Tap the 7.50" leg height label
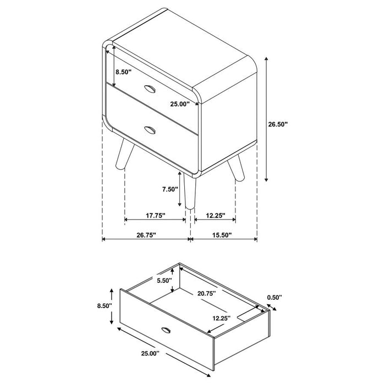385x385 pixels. click(170, 189)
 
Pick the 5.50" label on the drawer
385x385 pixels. click(164, 280)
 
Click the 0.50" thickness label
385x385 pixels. click(274, 298)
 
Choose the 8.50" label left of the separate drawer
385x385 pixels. click(103, 305)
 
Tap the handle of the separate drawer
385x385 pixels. click(166, 329)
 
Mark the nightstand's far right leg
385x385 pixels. click(237, 168)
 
